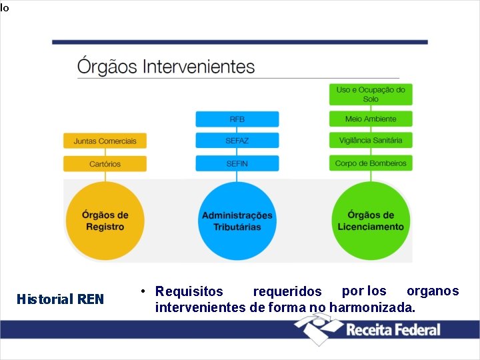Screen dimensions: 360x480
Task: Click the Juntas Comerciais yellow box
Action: (105, 141)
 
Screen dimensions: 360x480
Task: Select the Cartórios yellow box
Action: (105, 163)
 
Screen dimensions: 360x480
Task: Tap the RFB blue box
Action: (237, 119)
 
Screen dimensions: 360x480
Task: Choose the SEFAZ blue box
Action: (237, 141)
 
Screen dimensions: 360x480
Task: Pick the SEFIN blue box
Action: (237, 163)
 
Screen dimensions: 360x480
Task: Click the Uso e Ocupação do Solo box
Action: (371, 94)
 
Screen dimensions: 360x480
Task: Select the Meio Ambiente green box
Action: (371, 119)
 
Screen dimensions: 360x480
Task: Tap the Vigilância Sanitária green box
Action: (371, 141)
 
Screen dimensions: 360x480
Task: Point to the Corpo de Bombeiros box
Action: (371, 163)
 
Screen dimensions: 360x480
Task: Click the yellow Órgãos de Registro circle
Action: (105, 221)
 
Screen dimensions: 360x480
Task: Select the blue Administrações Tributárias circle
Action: (237, 221)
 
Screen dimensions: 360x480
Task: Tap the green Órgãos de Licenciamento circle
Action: (371, 221)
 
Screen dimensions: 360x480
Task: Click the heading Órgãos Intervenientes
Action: (166, 67)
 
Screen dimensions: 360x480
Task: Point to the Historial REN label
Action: (60, 299)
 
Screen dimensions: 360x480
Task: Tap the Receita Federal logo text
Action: (393, 329)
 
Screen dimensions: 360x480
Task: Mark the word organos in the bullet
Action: (433, 291)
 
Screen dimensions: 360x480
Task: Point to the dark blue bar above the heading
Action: (239, 42)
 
